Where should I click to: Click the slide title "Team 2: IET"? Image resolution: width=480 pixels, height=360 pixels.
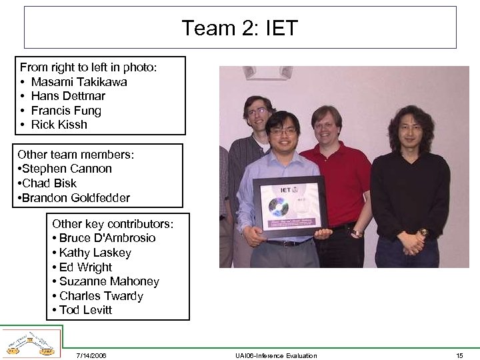point(240,28)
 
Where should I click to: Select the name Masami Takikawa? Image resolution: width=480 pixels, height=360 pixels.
point(79,82)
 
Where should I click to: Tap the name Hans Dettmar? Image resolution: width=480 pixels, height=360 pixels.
point(68,96)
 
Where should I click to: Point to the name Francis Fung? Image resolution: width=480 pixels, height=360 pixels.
point(66,111)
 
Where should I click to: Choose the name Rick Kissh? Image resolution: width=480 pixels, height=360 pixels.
point(59,125)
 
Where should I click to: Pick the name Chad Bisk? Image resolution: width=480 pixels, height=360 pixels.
point(49,183)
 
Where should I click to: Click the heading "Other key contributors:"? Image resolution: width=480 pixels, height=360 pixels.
point(113,224)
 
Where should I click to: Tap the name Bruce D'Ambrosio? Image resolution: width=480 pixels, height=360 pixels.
point(107,238)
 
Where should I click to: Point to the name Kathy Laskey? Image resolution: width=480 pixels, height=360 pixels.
point(95,253)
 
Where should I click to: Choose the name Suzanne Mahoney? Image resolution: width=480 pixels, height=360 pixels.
point(109,281)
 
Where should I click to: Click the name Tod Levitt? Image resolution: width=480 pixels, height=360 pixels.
point(85,310)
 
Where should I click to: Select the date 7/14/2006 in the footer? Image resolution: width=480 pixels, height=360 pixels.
point(91,355)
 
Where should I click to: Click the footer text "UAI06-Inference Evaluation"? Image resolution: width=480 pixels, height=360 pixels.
point(276,355)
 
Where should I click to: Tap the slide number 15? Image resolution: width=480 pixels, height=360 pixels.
point(459,355)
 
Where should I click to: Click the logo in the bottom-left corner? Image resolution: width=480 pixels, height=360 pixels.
point(30,344)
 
